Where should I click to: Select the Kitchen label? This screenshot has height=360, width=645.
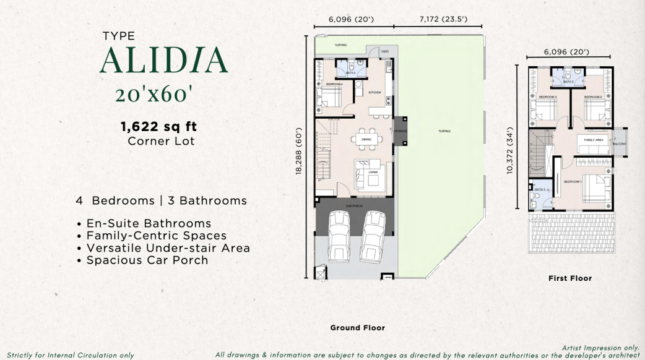(374, 92)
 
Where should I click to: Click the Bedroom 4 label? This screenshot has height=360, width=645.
(334, 84)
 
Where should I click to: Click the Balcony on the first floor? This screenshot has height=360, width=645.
(619, 144)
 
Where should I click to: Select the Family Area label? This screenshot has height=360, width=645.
(594, 140)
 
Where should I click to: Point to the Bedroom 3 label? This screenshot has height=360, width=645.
(547, 97)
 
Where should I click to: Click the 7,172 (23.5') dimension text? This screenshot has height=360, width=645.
(443, 19)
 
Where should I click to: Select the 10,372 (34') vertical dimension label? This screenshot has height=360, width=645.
(511, 152)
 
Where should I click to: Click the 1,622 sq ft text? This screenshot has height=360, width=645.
(159, 127)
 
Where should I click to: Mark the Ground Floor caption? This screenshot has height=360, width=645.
(357, 328)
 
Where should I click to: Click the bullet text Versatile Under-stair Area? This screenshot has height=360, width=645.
(168, 248)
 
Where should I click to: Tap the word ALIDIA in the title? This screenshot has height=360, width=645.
(163, 60)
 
